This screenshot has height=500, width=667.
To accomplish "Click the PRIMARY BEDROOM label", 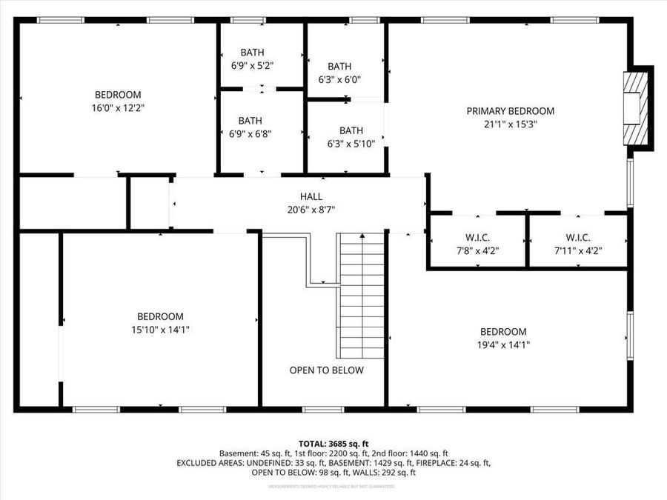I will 510,111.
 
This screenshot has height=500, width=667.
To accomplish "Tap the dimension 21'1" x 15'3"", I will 510,124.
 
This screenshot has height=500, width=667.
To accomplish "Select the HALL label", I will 311,196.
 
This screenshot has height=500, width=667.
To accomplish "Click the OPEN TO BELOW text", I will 326,370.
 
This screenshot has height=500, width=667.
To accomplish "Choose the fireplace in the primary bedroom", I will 637,108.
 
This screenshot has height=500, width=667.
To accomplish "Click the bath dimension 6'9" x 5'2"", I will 252,65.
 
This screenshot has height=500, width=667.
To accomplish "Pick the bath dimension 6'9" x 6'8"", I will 250,133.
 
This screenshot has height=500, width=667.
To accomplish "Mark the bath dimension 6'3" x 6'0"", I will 339,79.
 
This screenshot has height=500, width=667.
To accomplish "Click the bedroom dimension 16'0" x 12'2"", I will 118,107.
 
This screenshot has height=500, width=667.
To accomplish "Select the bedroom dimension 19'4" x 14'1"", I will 503,344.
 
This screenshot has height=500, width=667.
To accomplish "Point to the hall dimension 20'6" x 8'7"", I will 311,210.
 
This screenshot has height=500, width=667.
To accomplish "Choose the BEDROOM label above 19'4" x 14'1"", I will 503,332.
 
